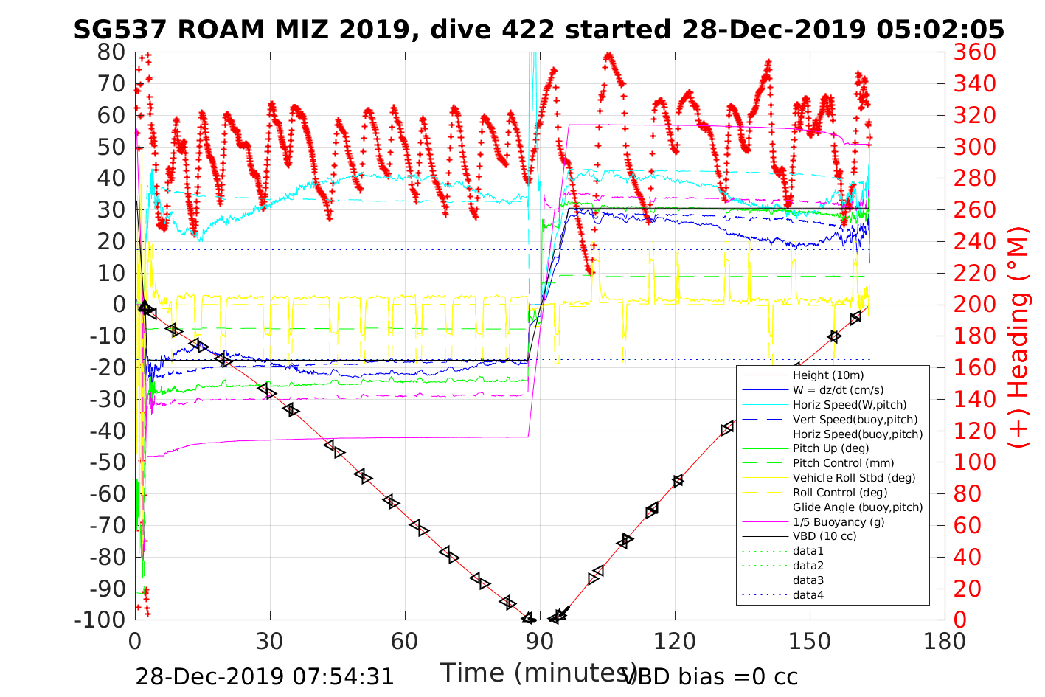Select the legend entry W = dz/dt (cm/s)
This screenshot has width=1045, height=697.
coord(838,390)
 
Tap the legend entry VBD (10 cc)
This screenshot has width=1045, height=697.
coord(824,536)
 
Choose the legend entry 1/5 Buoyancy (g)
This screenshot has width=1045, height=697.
coord(839,521)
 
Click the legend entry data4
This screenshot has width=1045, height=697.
coord(808,595)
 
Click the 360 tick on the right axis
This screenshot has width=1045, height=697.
coord(974,52)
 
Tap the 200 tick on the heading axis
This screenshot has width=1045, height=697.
coord(974,305)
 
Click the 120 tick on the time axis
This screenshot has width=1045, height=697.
coord(675,641)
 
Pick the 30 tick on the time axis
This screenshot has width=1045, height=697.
coord(270,641)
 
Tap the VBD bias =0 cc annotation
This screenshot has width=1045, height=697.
coord(711,676)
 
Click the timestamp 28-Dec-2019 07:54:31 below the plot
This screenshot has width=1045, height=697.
coord(265,676)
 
